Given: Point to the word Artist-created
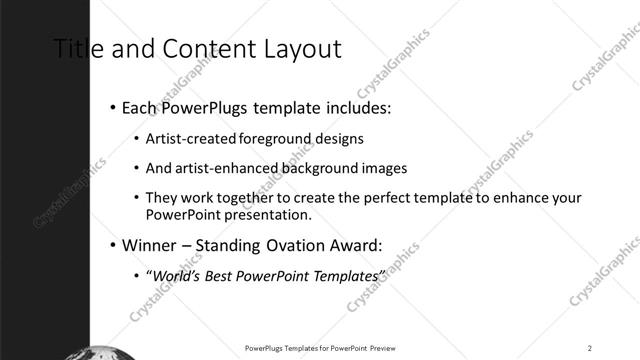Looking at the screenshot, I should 185,139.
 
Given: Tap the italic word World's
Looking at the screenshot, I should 173,276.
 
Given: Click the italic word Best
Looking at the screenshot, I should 219,276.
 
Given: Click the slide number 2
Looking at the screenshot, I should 590,348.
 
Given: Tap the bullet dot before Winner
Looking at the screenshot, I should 112,245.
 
